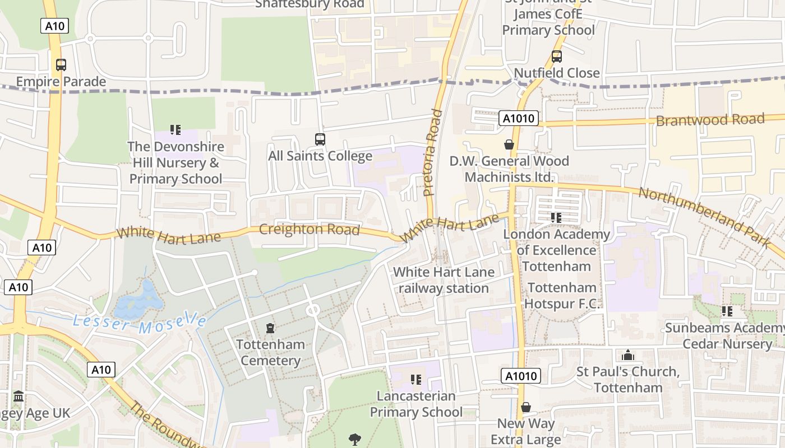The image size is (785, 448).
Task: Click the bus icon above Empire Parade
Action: click(x=61, y=65)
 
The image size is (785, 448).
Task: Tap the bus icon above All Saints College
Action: click(x=320, y=139)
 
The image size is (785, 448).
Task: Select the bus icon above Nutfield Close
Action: click(x=556, y=56)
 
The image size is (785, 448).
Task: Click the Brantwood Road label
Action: click(x=710, y=120)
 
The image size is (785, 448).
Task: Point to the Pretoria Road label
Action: click(x=433, y=152)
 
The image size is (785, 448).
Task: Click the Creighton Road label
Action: click(x=309, y=230)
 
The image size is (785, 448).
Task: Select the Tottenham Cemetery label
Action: click(x=270, y=352)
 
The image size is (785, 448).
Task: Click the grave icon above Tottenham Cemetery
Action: click(x=270, y=328)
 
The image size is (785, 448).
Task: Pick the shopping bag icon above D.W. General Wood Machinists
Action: click(x=509, y=145)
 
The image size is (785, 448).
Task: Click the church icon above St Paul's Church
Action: click(x=627, y=356)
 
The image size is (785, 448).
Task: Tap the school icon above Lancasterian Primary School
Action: click(x=415, y=380)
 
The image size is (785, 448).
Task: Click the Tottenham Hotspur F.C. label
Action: click(x=562, y=296)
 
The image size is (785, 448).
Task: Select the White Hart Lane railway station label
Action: click(x=444, y=280)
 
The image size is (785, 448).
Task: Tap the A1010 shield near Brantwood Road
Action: click(x=518, y=118)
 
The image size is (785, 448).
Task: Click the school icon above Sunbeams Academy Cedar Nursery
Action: click(x=727, y=311)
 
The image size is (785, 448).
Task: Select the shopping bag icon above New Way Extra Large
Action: click(x=525, y=407)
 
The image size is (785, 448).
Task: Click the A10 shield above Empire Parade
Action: click(x=54, y=25)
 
